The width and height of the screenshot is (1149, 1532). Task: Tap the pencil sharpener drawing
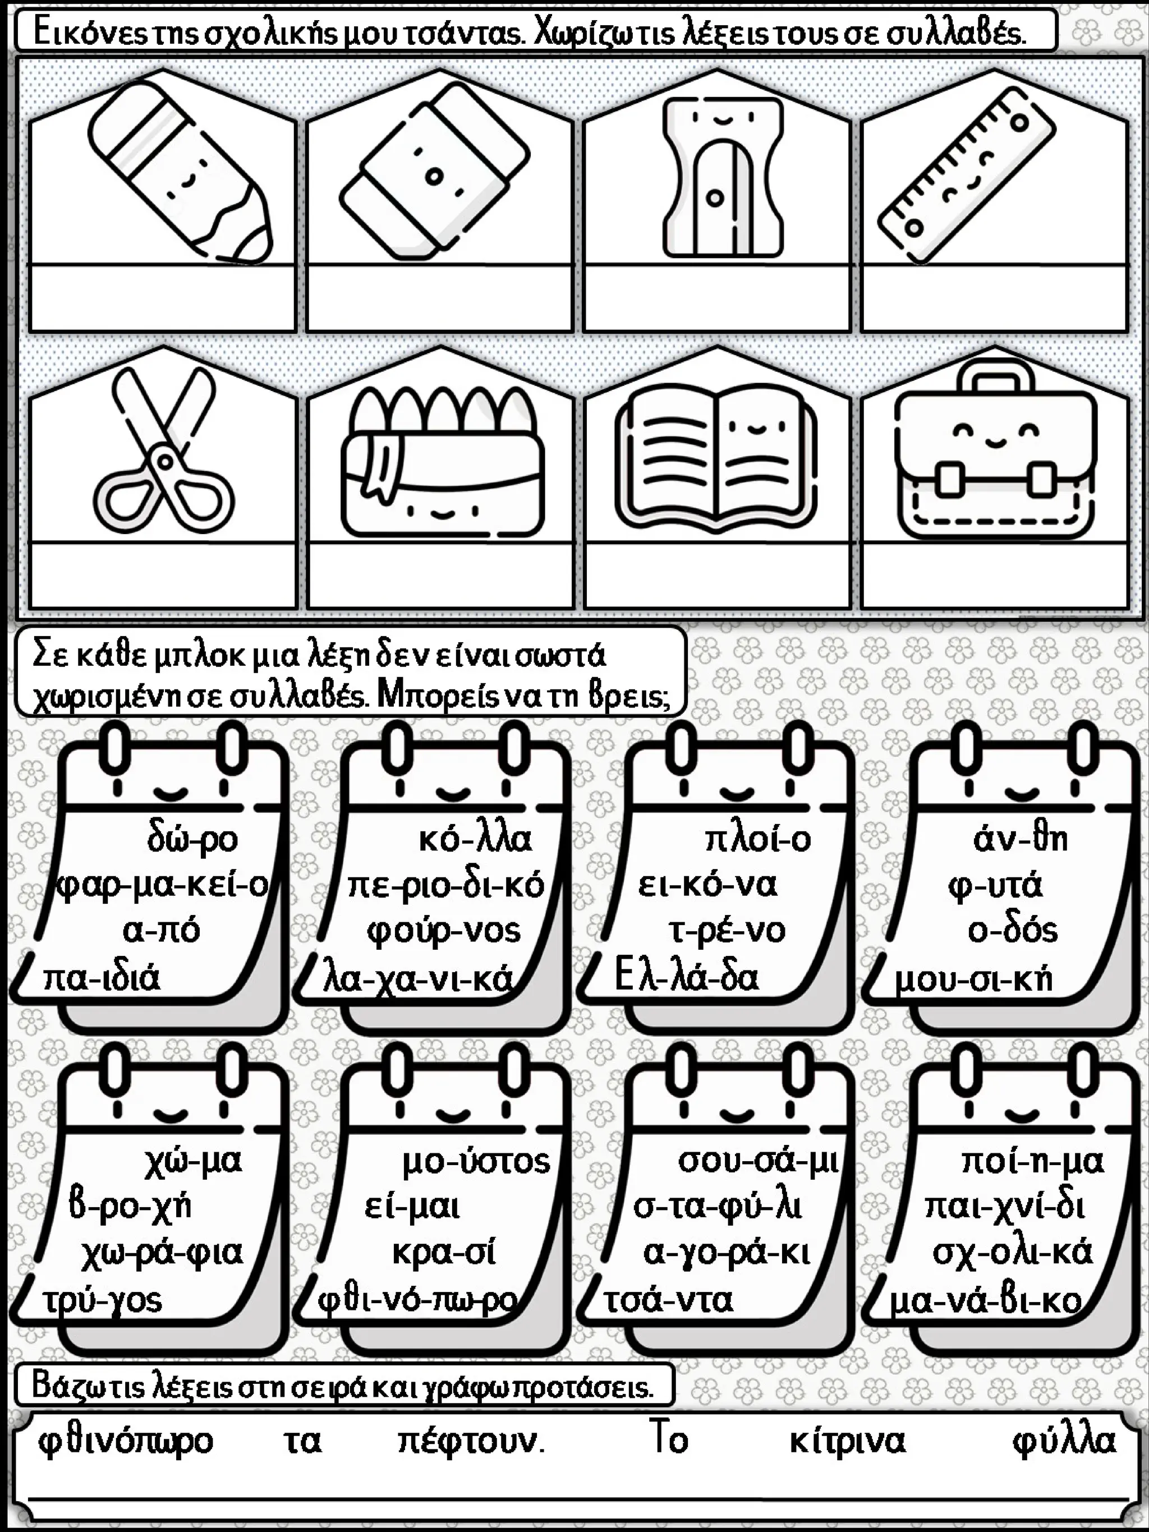click(723, 177)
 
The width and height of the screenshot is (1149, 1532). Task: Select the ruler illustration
click(967, 177)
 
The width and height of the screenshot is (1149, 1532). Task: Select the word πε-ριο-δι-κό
click(446, 886)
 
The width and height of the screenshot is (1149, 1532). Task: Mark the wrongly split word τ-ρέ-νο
click(727, 930)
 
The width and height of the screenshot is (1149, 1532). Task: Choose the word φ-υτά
click(995, 886)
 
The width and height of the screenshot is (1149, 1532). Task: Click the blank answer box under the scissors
click(163, 574)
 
